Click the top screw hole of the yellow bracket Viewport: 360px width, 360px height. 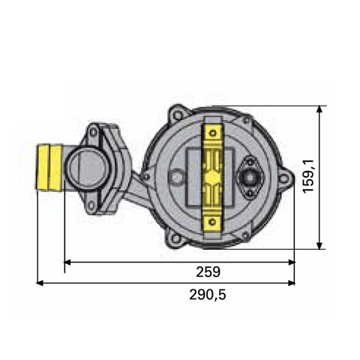point(213,134)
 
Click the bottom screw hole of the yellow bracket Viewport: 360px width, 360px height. point(213,223)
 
